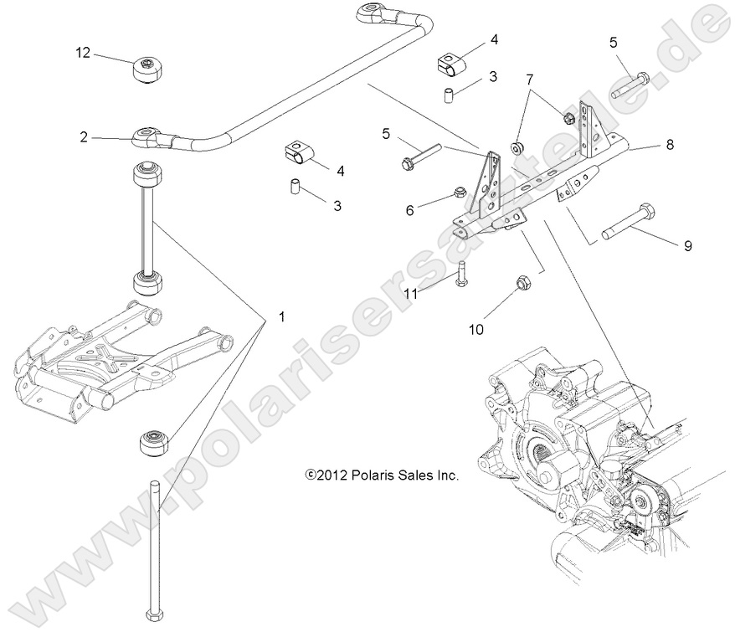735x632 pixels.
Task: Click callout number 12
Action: click(x=82, y=53)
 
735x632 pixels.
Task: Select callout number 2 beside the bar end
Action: click(x=84, y=136)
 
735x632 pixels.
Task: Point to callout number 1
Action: click(x=281, y=317)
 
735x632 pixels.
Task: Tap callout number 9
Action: click(x=688, y=245)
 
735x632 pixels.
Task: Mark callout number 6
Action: click(x=410, y=210)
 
